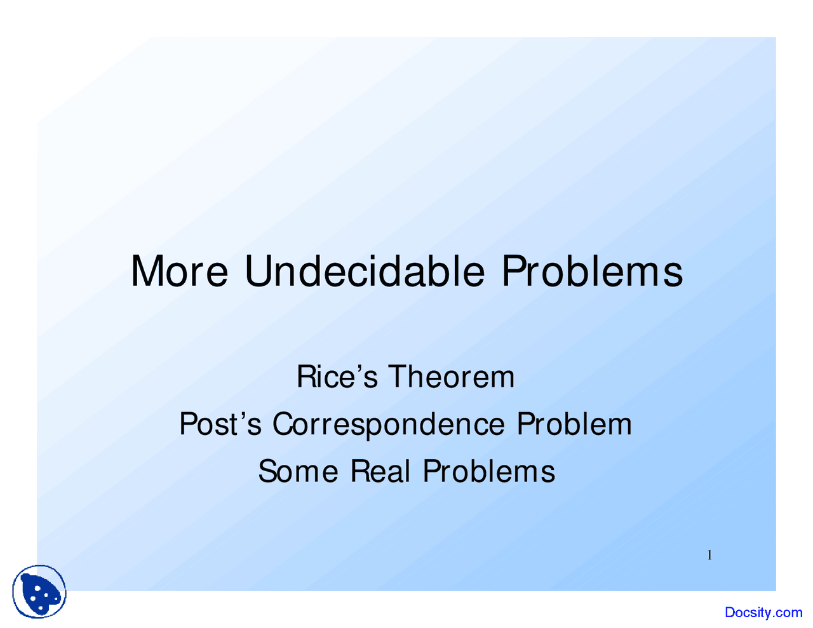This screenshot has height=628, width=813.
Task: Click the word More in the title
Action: (179, 272)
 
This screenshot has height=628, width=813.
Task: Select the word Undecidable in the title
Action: (365, 272)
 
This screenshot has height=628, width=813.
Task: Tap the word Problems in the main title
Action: (592, 272)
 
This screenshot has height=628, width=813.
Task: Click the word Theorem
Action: (451, 377)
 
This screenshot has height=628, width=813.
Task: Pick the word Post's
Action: (220, 424)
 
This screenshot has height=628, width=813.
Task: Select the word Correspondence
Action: (389, 424)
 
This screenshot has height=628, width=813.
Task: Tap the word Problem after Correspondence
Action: (574, 424)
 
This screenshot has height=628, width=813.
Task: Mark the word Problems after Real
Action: (489, 471)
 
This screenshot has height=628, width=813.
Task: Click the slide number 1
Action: (709, 556)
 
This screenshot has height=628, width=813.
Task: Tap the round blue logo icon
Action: (39, 592)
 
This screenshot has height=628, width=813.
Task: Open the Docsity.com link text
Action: (763, 612)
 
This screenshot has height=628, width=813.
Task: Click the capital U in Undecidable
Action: (258, 272)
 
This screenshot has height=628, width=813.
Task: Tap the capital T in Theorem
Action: (398, 377)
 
